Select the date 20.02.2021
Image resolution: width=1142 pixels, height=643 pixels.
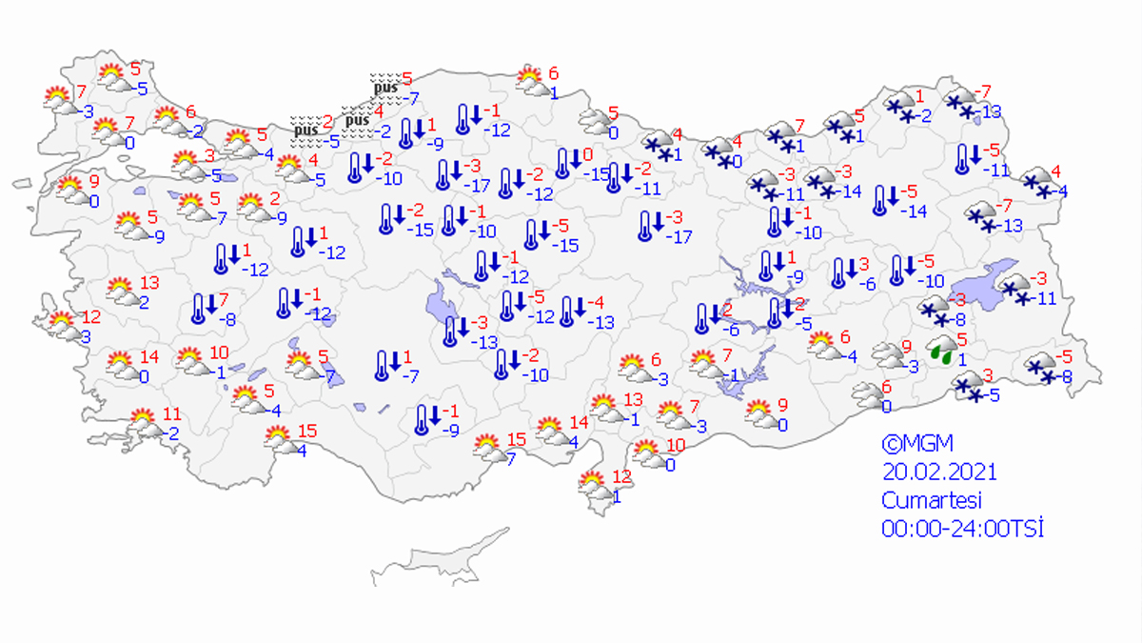coord(939,472)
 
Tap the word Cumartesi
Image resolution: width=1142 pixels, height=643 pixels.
coord(931,500)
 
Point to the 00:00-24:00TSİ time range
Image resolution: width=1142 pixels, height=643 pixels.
coord(962,529)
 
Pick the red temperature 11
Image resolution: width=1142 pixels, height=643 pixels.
coord(172,414)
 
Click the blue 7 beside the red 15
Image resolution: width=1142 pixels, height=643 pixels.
coord(510,459)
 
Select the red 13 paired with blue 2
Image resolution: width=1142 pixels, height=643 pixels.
coord(149,283)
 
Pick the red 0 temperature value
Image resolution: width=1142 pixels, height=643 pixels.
coord(589,154)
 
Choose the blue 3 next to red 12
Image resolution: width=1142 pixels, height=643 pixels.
coord(85,337)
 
